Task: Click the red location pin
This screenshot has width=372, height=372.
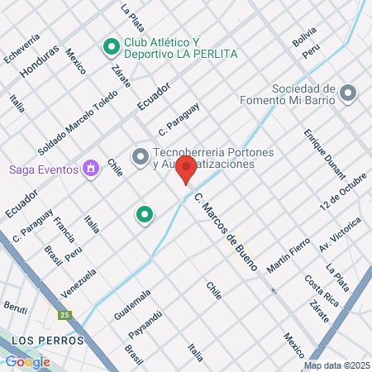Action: point(186,169)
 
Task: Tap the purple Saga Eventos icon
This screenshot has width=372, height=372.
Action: point(91,169)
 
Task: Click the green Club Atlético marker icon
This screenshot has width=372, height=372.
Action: point(110,47)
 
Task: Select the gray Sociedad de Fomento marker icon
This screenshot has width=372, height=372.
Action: point(348,93)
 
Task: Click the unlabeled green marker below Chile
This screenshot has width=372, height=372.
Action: point(145,215)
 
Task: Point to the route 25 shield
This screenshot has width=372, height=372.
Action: point(64,315)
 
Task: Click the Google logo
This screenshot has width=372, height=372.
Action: point(27,361)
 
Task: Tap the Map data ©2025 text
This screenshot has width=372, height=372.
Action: point(336,365)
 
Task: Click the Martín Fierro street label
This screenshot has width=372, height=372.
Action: point(289,255)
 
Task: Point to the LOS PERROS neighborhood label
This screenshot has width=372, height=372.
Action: point(49,340)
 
